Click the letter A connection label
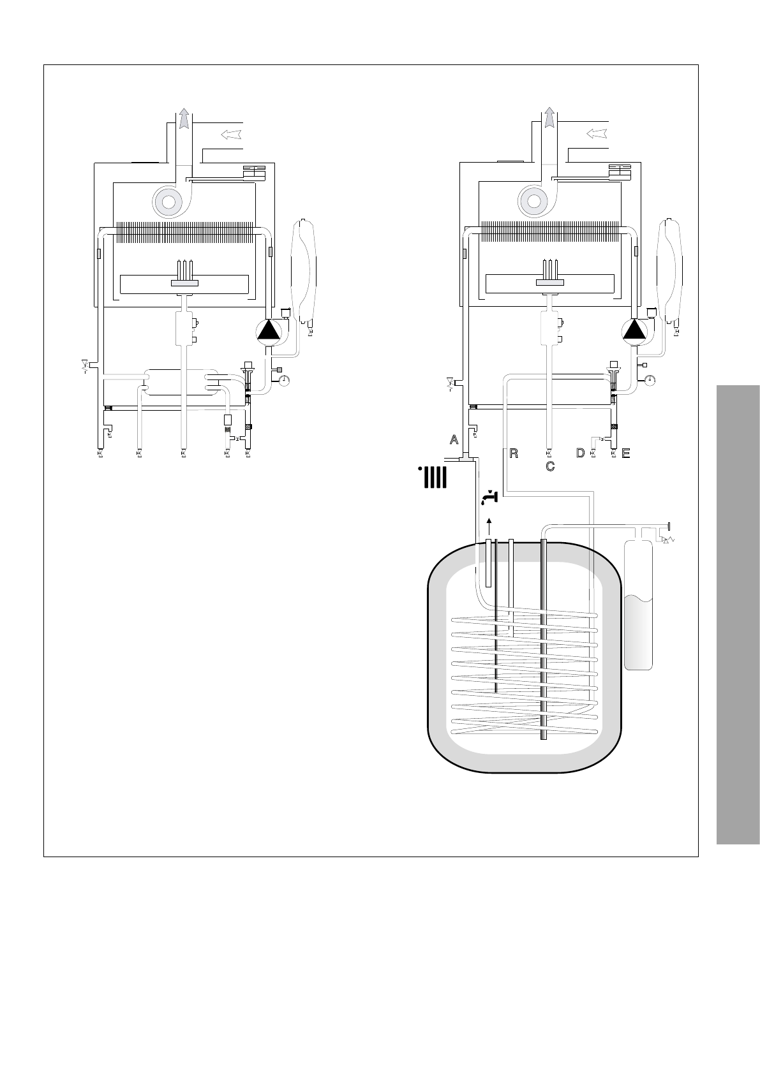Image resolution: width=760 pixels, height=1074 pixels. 454,439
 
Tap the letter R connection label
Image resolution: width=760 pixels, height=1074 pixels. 514,453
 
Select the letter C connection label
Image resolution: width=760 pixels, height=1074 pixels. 550,466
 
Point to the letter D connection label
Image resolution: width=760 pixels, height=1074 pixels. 581,453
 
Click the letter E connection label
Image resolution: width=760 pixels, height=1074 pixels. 625,453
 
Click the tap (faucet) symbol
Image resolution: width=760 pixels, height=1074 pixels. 489,497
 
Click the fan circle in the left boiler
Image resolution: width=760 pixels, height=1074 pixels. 168,202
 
